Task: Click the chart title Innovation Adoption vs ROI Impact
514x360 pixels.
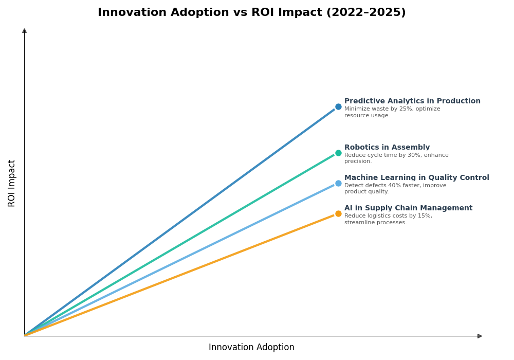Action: pos(251,13)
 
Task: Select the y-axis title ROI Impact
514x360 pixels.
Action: pos(12,183)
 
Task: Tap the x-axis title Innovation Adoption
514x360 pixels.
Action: pos(251,348)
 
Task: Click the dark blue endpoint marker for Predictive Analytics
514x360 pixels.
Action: pos(338,107)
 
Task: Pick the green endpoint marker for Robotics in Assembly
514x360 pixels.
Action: pos(338,153)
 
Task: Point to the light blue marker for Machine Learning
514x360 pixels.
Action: pos(338,184)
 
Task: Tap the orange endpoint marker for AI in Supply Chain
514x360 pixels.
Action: pos(338,214)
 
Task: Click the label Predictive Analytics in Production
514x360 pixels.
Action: pos(412,101)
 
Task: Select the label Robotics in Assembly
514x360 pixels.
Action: pos(387,148)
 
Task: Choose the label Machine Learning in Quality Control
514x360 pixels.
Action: pos(416,178)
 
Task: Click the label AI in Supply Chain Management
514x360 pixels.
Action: pos(408,208)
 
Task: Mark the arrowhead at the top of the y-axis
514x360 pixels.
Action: pos(24,31)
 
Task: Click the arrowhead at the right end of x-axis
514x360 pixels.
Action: pos(480,336)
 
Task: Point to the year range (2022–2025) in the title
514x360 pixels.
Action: pos(365,13)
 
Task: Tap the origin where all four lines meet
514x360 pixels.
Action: pos(25,336)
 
